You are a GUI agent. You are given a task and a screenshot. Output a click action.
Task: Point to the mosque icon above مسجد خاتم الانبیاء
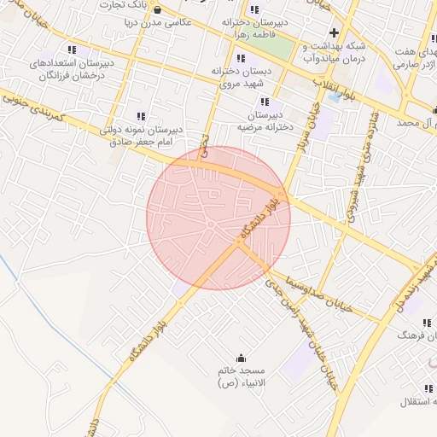241,358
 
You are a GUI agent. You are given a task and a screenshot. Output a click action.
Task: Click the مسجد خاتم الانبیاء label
242,377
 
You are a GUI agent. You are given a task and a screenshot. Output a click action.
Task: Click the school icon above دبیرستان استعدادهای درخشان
72,50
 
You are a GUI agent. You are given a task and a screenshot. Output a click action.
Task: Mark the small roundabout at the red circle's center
209,224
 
